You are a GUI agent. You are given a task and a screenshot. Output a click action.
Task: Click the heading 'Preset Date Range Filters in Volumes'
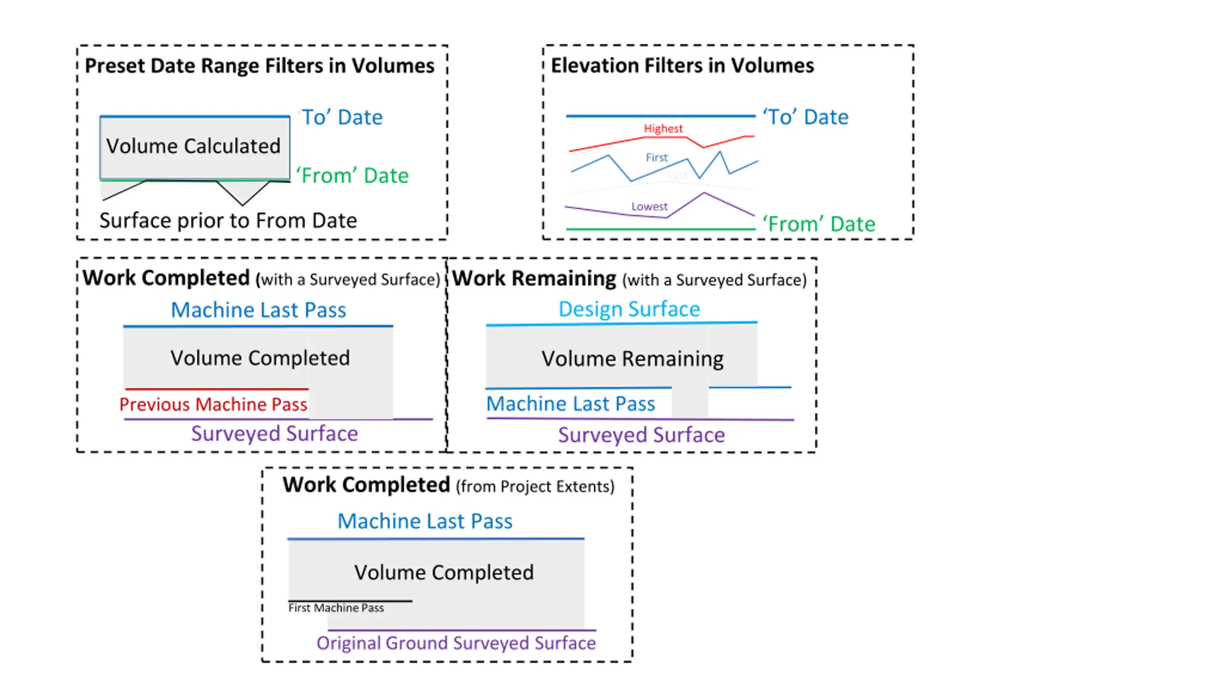260,66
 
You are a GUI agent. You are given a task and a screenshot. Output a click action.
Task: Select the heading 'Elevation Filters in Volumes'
682,65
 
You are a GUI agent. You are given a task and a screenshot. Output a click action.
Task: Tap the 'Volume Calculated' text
193,146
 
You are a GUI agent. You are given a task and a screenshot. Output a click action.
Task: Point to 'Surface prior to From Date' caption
228,221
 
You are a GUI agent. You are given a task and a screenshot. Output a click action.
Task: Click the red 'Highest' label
663,129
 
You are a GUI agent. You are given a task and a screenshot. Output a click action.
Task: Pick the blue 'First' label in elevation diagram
656,158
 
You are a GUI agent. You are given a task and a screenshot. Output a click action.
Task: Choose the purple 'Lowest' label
649,206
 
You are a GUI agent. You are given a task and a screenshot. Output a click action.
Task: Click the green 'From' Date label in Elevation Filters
819,224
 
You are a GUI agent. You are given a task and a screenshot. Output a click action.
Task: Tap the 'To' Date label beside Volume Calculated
342,118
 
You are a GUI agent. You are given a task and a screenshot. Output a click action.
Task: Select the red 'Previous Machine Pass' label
213,405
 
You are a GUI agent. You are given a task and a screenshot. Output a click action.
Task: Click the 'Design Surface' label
629,309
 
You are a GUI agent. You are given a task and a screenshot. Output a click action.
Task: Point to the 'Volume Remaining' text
633,359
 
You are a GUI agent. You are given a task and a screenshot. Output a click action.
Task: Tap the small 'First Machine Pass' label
336,608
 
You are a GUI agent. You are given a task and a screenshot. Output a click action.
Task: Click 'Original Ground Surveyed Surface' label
456,643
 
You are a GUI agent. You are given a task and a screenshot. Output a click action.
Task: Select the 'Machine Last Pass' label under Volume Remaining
570,404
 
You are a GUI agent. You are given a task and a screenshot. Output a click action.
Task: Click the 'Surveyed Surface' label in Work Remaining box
641,435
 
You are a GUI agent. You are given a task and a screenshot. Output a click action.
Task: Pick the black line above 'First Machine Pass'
350,601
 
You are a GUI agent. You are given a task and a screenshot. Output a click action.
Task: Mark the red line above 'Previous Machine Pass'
217,389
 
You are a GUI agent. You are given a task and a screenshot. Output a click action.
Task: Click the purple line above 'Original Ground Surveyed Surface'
462,630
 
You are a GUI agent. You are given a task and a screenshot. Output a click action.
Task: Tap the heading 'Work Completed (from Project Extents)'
448,485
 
